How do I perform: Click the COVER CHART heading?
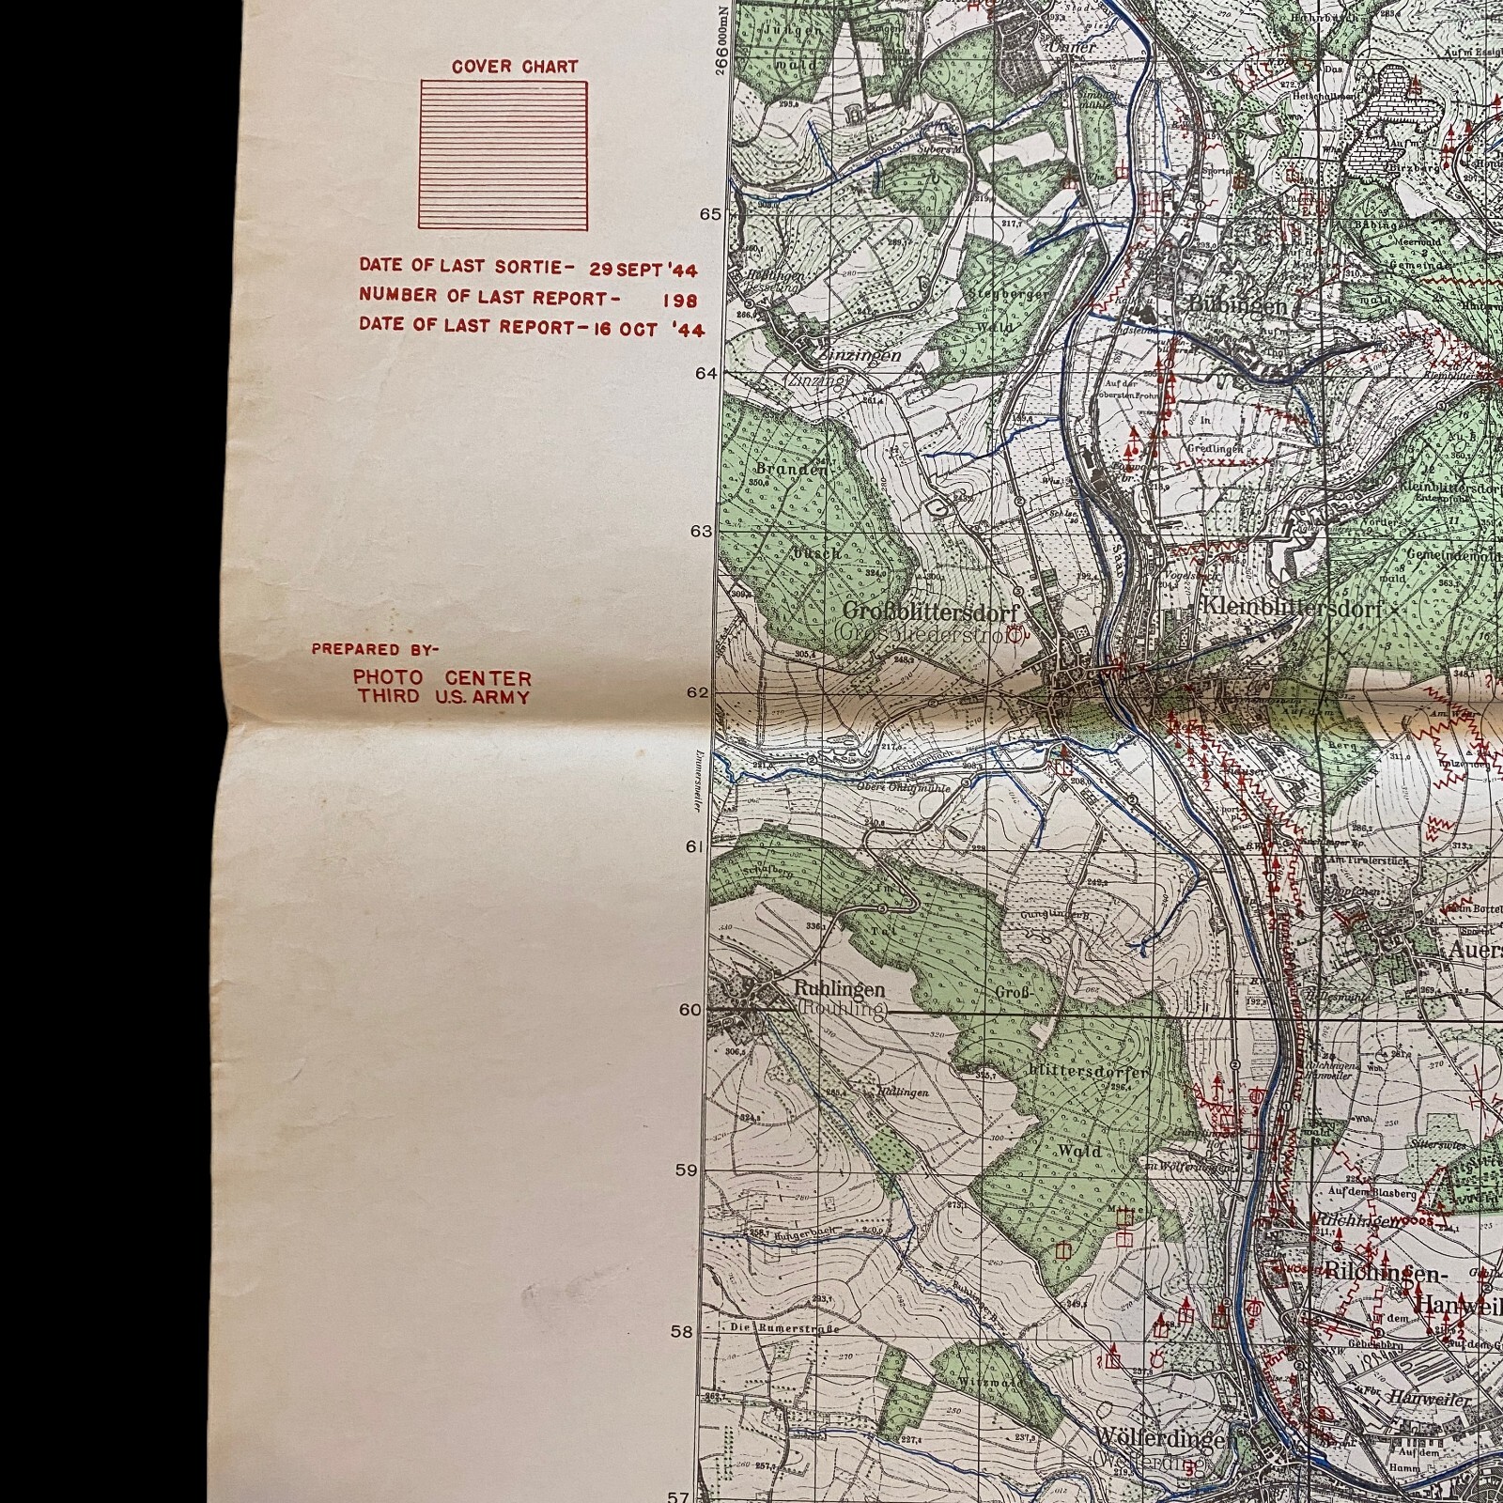click(514, 67)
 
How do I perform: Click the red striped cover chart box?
click(504, 155)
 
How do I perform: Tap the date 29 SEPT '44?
click(643, 270)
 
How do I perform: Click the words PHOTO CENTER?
click(442, 677)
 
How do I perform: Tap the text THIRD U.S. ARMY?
click(442, 697)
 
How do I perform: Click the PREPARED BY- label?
click(375, 649)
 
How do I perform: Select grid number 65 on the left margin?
click(710, 214)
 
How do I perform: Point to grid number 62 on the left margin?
click(699, 693)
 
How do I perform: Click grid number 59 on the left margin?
click(687, 1170)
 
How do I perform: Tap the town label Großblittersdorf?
click(929, 612)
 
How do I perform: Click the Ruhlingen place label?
click(839, 989)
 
